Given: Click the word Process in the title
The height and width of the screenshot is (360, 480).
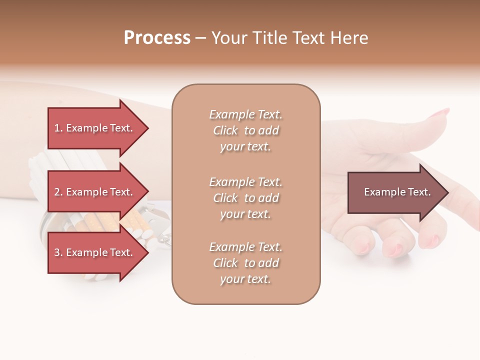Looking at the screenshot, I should coord(157,38).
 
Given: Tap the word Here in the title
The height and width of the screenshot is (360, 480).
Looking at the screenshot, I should coord(348,38).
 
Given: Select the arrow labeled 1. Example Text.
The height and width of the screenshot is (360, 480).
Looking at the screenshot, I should coord(95,128).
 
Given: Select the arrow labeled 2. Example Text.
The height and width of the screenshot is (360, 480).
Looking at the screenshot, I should coord(95,192).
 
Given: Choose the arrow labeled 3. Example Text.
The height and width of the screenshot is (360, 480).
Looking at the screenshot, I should coord(95,252).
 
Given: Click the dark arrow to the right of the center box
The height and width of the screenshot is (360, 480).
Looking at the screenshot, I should coord(395,192).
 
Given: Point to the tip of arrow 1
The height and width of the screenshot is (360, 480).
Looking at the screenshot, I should coord(147,128).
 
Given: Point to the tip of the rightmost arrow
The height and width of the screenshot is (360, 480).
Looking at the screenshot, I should coord(447,192).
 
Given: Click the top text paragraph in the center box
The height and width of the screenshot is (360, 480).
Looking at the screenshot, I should coord(245,130).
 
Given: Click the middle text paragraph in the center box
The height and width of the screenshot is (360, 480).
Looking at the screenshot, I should coord(245,198).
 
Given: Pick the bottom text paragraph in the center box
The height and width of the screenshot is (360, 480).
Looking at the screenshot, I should coord(245,263).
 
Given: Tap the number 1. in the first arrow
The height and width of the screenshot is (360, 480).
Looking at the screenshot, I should coord(58,128).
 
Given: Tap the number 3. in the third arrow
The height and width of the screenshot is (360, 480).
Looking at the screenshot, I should coord(58,252).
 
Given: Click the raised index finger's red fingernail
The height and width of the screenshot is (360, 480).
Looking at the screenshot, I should coord(439,114).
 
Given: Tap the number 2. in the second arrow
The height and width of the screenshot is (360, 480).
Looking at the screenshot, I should coord(58,192).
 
